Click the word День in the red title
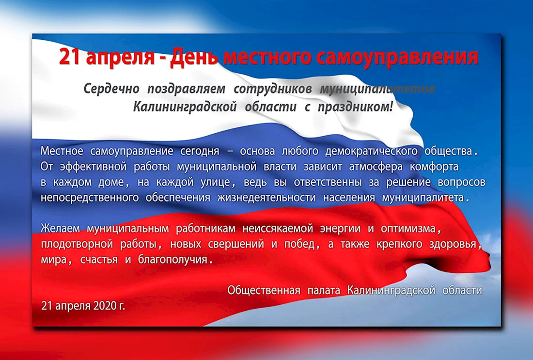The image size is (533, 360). (194, 57)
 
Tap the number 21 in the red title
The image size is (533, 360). (70, 57)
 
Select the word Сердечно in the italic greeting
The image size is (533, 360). (111, 89)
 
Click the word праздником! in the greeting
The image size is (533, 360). (355, 107)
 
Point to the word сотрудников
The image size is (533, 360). (273, 89)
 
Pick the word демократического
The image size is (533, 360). (371, 151)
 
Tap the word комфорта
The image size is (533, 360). (434, 167)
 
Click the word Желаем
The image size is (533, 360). (60, 228)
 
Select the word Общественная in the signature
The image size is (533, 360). (264, 290)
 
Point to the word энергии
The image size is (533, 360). (340, 229)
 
